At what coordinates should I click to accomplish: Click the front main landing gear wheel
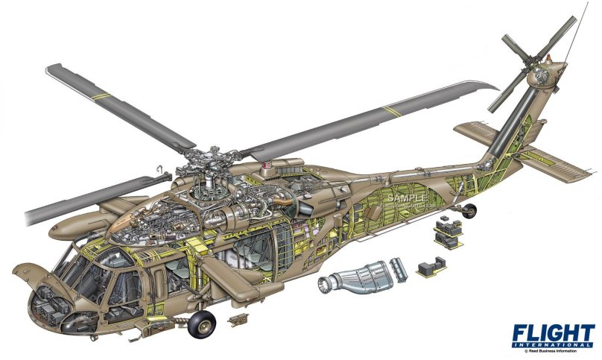click(201, 323)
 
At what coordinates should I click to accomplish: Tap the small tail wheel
click(469, 212)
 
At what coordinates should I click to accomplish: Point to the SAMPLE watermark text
click(406, 198)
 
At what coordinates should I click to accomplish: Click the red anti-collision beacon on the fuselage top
click(267, 163)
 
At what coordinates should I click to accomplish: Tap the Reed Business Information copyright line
click(560, 353)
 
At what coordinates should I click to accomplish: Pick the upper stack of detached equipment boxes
click(446, 231)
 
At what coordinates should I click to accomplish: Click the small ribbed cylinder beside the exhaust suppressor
click(400, 270)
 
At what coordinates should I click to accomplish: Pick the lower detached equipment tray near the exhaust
click(431, 268)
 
